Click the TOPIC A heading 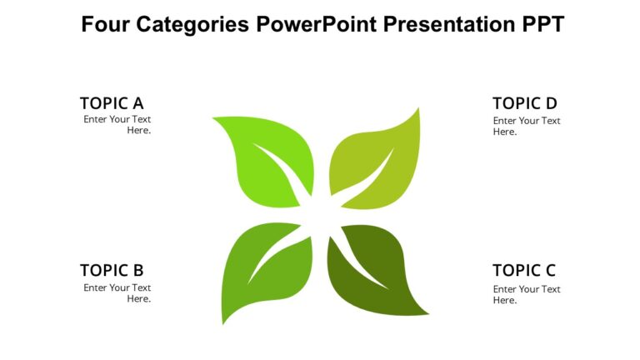tap(112, 103)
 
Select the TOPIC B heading tap(112, 270)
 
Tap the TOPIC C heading tap(524, 270)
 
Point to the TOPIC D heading tap(524, 103)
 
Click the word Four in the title tap(102, 24)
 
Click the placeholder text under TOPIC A tap(117, 125)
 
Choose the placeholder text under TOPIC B tap(117, 292)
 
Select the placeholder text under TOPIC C tap(527, 294)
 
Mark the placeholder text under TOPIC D tap(527, 126)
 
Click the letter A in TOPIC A tap(137, 103)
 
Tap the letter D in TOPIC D tap(550, 103)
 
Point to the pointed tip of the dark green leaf tap(427, 314)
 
